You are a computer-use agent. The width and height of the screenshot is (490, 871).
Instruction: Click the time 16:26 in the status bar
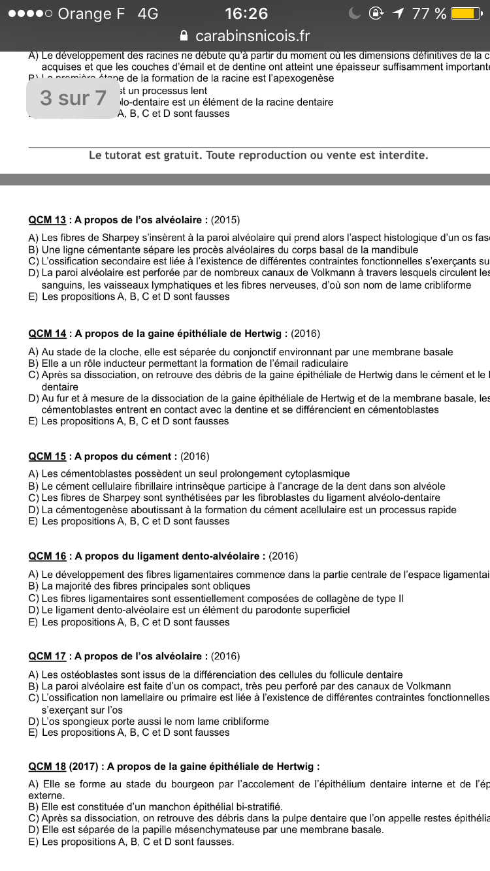(x=246, y=14)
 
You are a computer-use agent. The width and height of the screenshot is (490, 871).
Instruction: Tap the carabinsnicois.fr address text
(x=253, y=36)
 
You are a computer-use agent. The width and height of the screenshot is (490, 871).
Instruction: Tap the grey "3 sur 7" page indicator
(x=73, y=98)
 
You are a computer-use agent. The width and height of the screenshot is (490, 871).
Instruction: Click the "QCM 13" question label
(x=47, y=220)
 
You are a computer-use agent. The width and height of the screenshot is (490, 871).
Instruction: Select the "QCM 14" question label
(x=47, y=334)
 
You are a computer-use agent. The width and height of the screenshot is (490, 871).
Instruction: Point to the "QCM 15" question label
(x=47, y=456)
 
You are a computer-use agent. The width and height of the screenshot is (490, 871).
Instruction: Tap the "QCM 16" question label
(x=47, y=556)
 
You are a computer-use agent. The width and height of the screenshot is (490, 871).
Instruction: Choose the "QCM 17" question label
(x=47, y=656)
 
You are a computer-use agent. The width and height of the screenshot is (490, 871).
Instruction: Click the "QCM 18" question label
(x=47, y=767)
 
